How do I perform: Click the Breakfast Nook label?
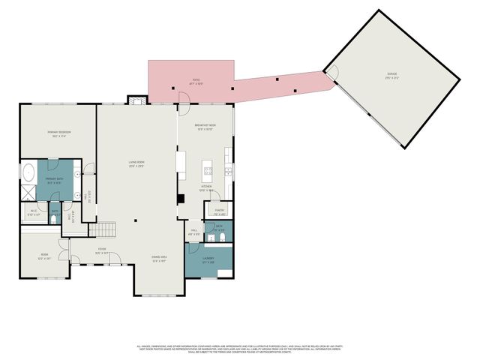205,127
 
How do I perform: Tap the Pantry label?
220,212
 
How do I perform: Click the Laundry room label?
209,260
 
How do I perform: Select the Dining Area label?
159,259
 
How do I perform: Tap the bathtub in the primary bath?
28,173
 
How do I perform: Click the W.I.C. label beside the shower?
34,212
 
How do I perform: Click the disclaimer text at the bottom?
240,349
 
